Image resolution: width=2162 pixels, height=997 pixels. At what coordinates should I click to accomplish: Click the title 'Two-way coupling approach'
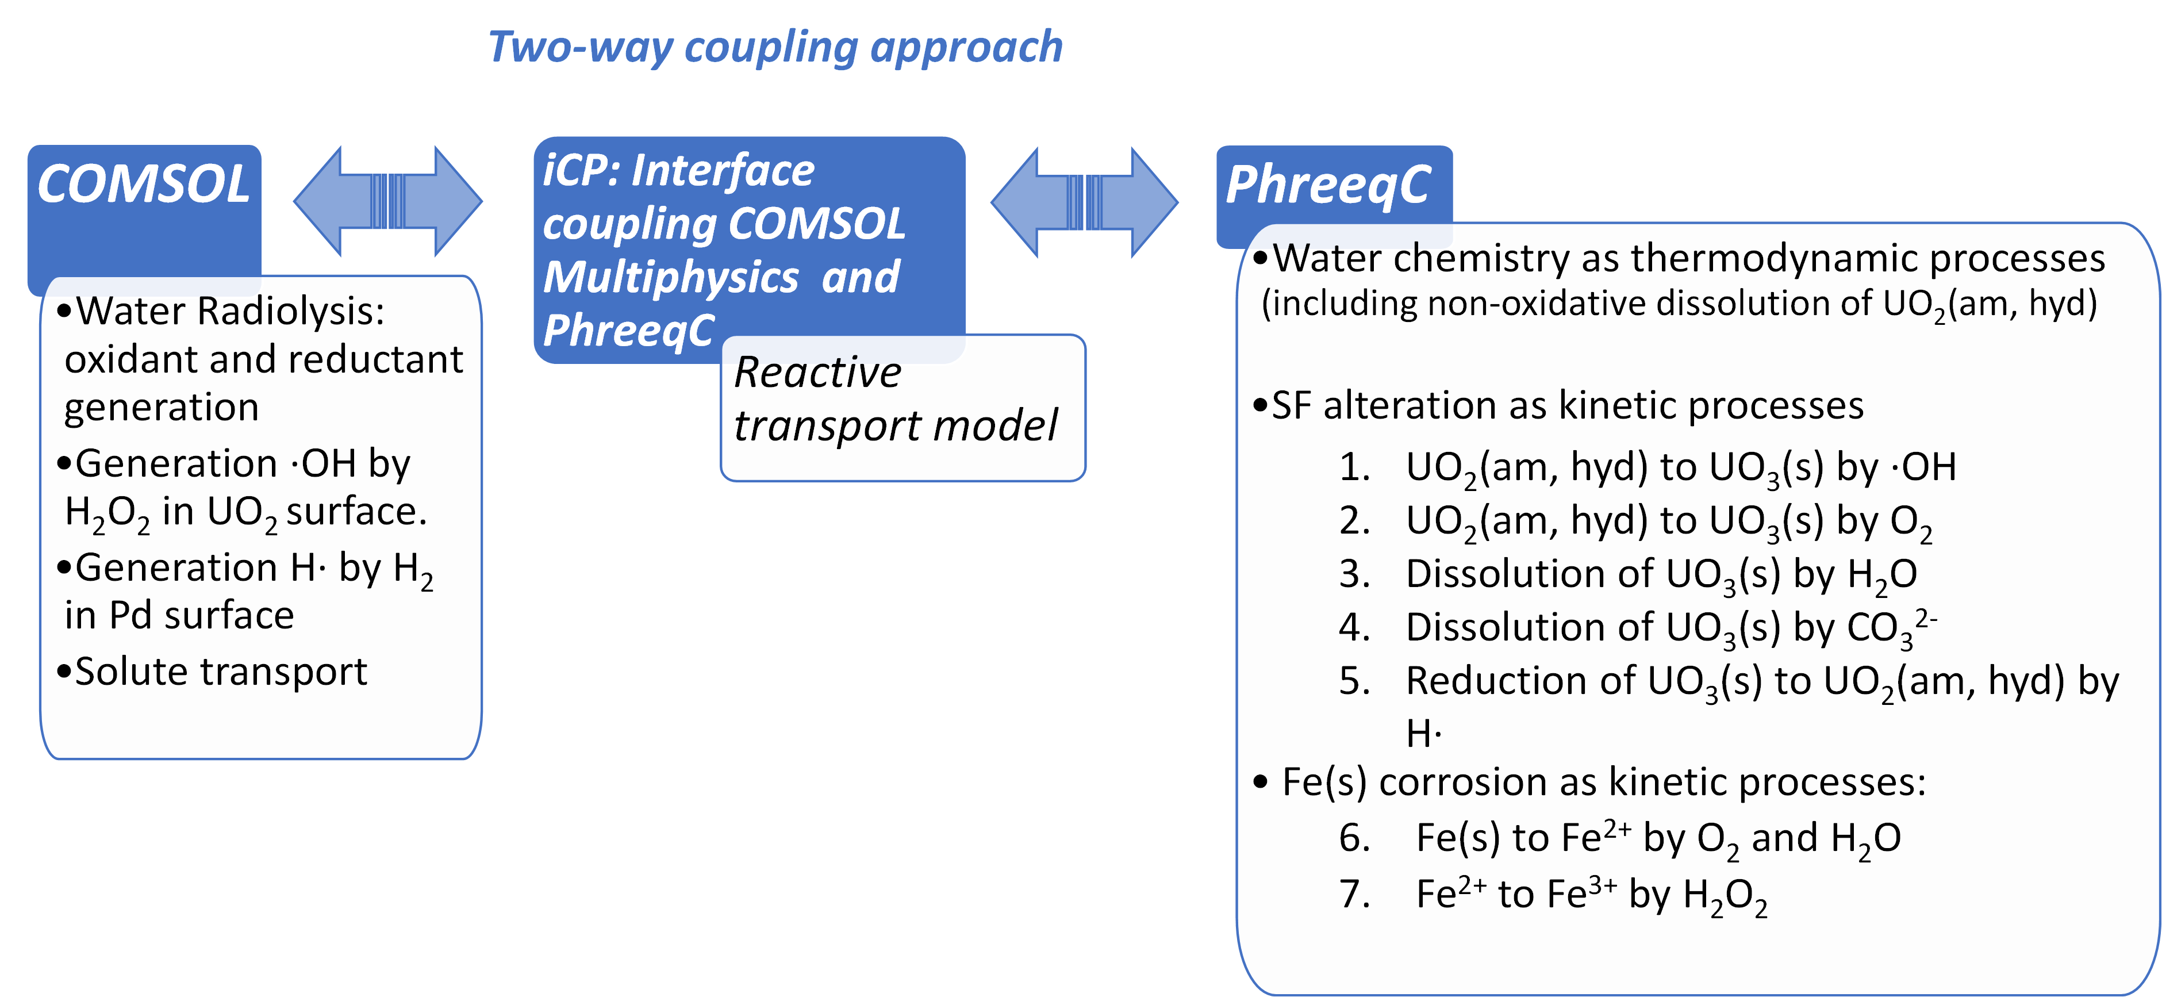pyautogui.click(x=775, y=47)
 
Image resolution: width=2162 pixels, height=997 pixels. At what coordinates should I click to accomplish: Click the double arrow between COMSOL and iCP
pyautogui.click(x=388, y=201)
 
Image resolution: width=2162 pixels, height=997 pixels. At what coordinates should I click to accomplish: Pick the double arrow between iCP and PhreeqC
pyautogui.click(x=1084, y=202)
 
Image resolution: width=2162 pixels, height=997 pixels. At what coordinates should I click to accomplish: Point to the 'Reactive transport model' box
pyautogui.click(x=903, y=408)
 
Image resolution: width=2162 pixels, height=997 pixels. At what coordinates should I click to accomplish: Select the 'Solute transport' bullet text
pyautogui.click(x=221, y=672)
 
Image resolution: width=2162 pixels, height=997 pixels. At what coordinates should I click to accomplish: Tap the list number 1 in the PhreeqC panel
pyautogui.click(x=1354, y=467)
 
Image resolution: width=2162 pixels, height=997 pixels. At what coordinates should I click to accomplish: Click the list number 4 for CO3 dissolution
pyautogui.click(x=1354, y=627)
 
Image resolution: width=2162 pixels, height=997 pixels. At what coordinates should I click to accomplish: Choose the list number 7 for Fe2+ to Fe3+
pyautogui.click(x=1354, y=894)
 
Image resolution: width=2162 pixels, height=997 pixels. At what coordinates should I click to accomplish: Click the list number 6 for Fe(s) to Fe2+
pyautogui.click(x=1354, y=838)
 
